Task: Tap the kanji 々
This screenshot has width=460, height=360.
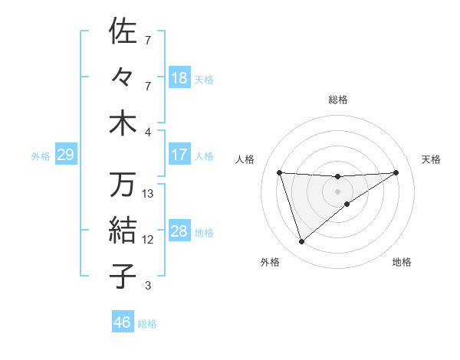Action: [123, 77]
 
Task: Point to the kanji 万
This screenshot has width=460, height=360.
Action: [123, 184]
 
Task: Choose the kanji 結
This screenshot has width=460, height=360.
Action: [123, 230]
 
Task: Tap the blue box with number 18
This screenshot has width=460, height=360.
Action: [179, 78]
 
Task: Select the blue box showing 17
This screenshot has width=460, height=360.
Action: [179, 155]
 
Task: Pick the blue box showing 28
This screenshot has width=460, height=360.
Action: [179, 231]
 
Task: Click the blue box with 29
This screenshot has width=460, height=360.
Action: [65, 155]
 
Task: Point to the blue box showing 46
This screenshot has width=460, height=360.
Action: [123, 322]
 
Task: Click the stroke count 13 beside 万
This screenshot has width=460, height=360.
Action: [148, 194]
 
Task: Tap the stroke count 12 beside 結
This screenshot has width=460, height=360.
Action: [148, 240]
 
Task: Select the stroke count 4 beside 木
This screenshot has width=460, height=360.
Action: [148, 133]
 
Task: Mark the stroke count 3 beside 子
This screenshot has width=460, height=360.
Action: [148, 286]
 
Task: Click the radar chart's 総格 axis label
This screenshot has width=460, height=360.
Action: [337, 100]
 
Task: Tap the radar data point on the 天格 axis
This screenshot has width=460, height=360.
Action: [396, 172]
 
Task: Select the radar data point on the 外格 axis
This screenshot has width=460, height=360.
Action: [301, 242]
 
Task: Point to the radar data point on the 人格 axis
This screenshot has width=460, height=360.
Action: [279, 172]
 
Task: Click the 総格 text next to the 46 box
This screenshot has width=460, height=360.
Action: [147, 324]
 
